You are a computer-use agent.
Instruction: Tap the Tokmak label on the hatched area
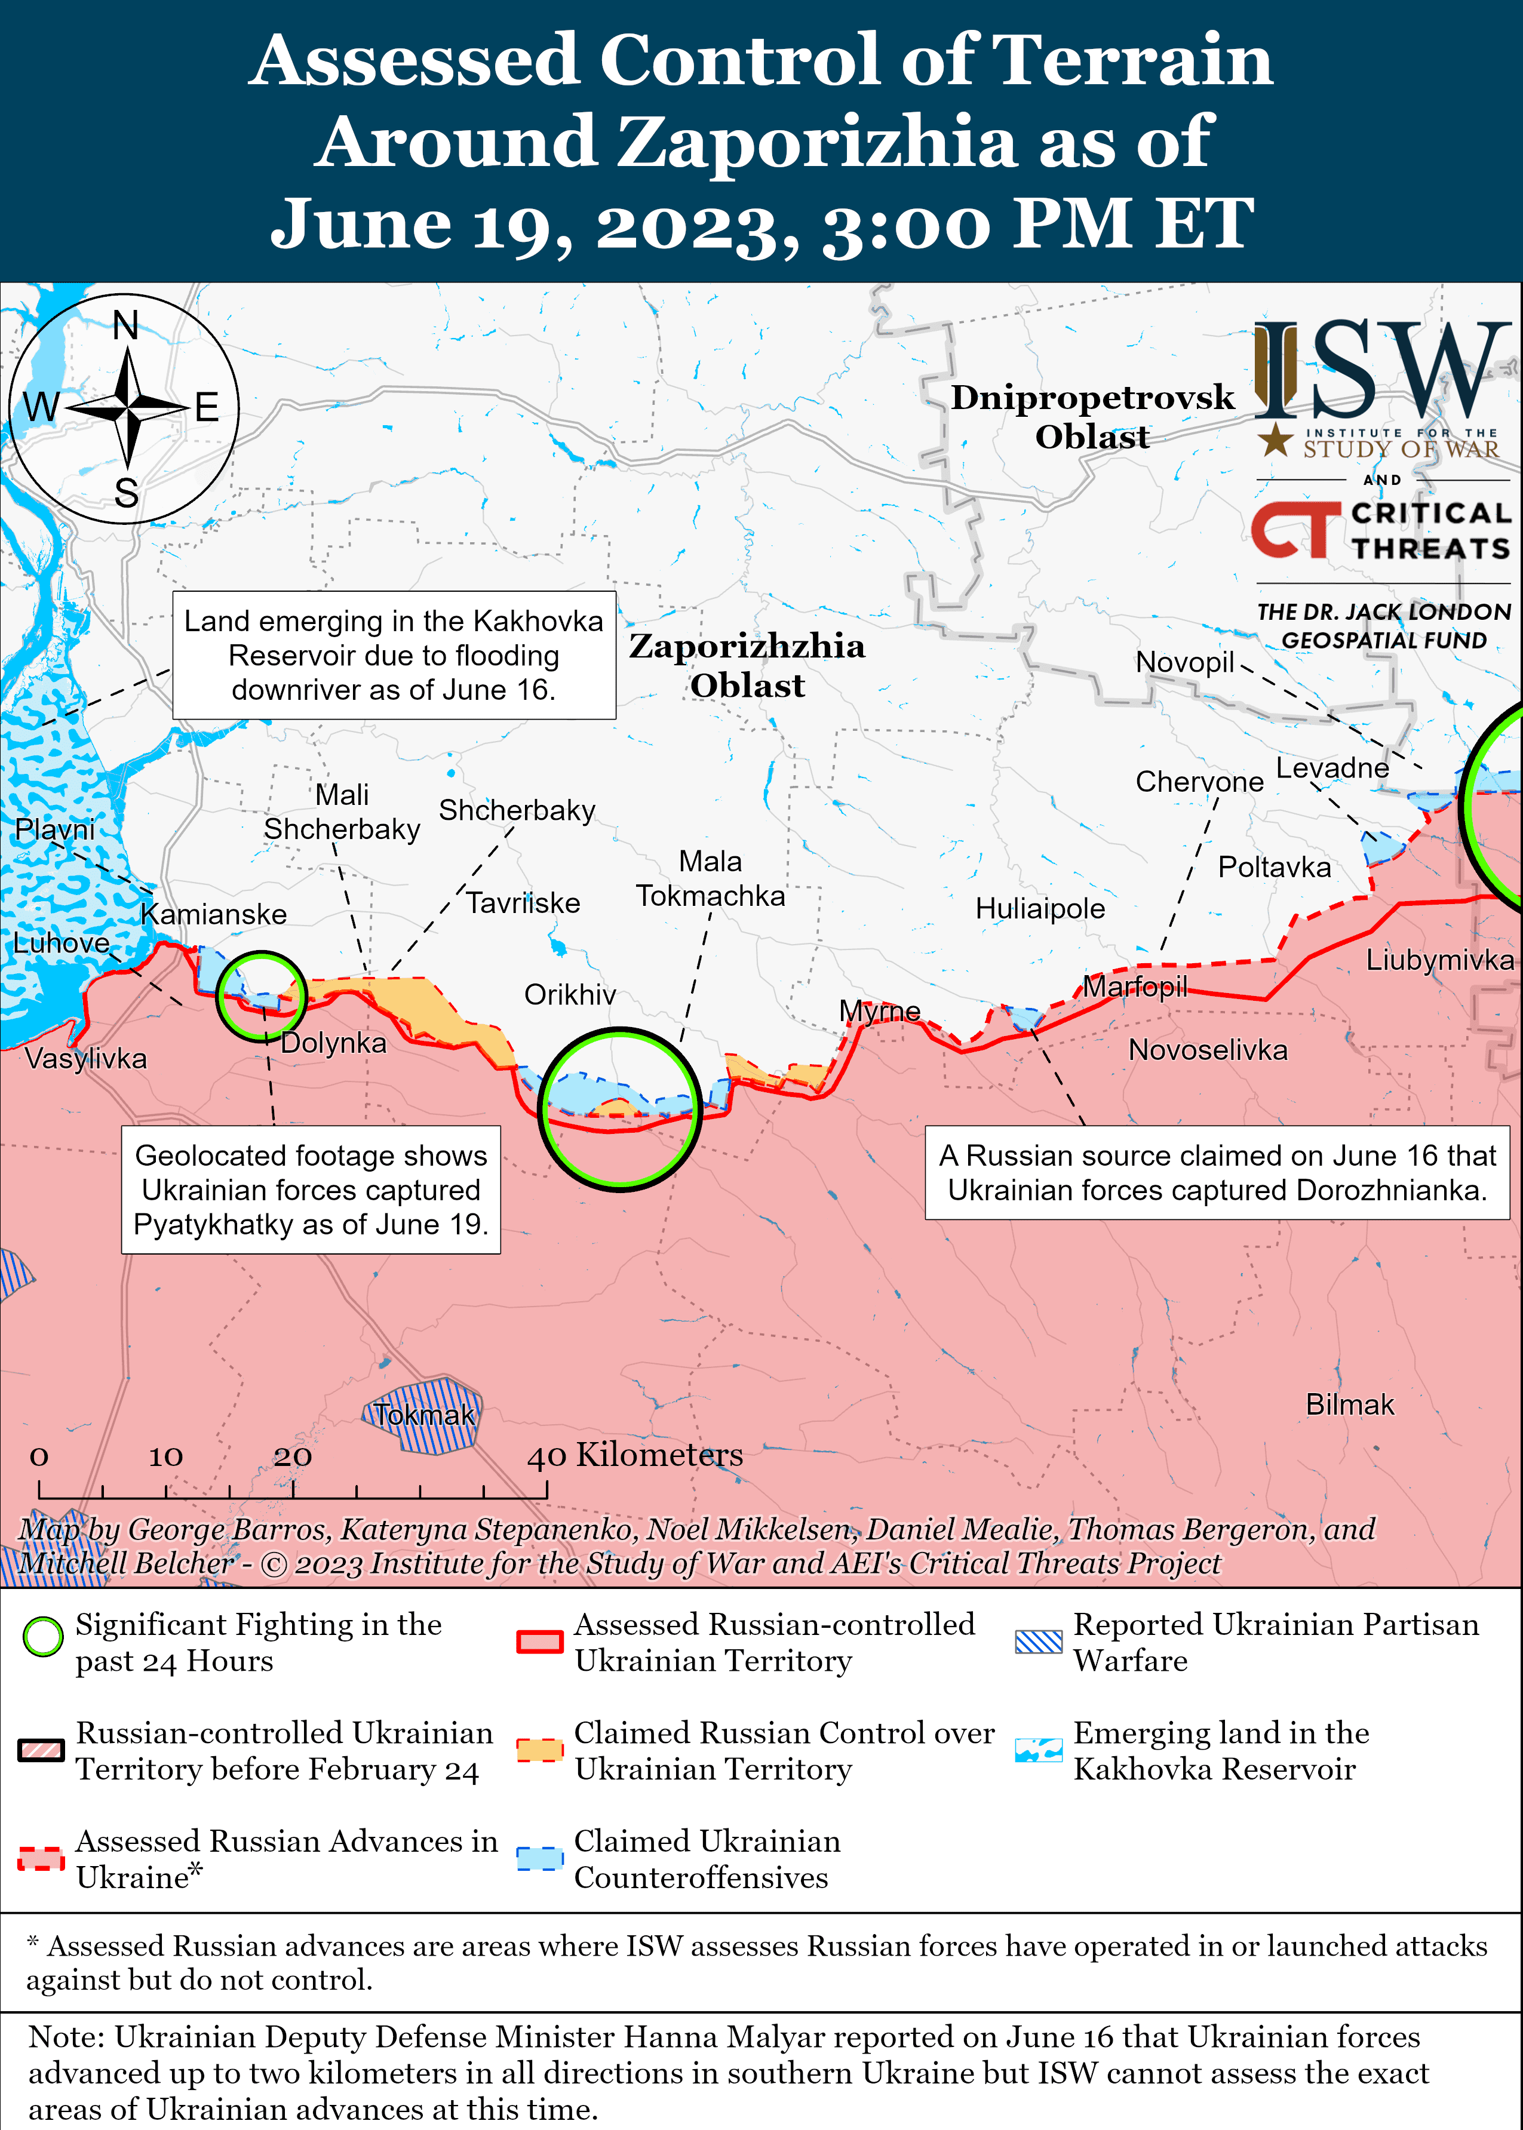tap(424, 1415)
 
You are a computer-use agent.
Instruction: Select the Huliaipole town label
tap(1040, 908)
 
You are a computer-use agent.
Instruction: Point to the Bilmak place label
tap(1350, 1404)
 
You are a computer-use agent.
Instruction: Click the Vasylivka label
tap(85, 1059)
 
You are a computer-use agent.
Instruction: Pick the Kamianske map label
tap(214, 914)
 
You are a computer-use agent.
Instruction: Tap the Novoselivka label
tap(1208, 1050)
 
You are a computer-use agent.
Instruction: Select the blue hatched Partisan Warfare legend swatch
tap(1039, 1642)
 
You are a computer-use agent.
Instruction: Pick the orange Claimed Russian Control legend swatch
tap(539, 1750)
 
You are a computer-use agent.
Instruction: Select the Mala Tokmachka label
tap(710, 878)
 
